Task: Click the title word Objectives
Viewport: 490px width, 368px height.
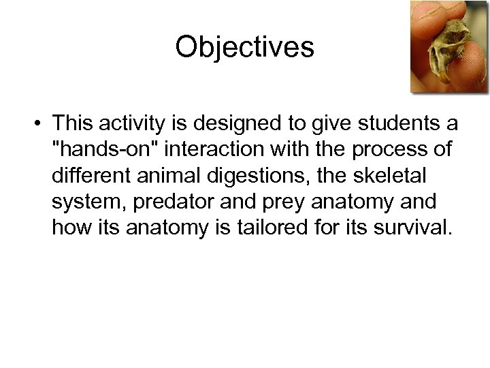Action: [244, 48]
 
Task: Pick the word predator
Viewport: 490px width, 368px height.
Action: [162, 201]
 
